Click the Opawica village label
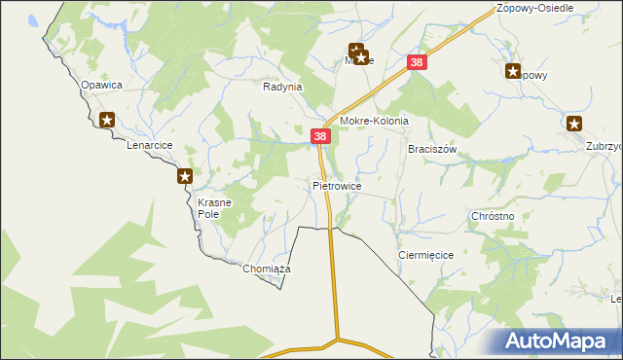pos(101,85)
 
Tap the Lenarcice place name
pos(150,145)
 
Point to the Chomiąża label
pos(267,269)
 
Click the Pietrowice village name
pos(337,185)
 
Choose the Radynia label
pos(283,87)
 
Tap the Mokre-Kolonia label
pos(373,122)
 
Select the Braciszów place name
pos(432,150)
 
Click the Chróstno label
pos(492,216)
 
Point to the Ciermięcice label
pos(426,254)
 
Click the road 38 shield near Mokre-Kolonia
pos(320,137)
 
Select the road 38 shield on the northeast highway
pos(418,63)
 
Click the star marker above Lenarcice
pos(107,121)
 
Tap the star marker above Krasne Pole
pos(185,176)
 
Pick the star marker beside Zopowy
pos(513,70)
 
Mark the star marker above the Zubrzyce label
pos(574,124)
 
